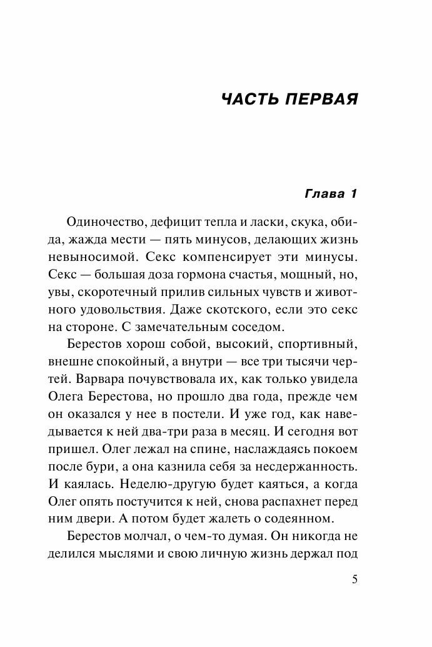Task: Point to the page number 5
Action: coord(354,579)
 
